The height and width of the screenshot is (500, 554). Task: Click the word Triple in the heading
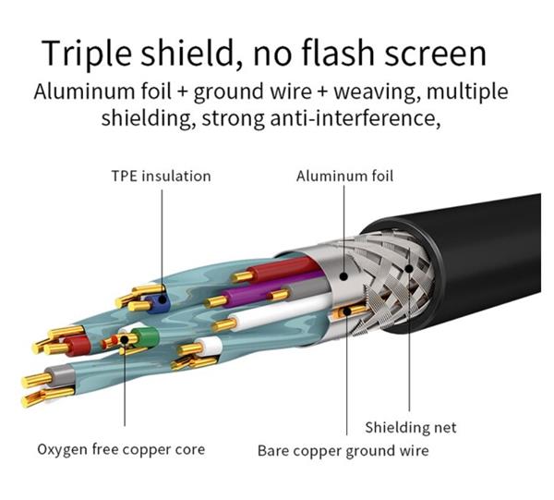[x=84, y=53]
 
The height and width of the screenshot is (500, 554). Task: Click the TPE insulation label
[x=161, y=176]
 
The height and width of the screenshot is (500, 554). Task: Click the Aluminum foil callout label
[x=344, y=176]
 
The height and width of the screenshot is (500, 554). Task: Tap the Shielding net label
[x=411, y=427]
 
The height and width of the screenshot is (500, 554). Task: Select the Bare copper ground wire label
[x=343, y=451]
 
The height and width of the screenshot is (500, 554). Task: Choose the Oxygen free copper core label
[x=121, y=450]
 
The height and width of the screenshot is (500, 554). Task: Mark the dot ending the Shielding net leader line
[x=410, y=269]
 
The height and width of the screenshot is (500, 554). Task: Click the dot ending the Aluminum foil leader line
[x=344, y=273]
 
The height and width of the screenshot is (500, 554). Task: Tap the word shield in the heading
[x=189, y=53]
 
